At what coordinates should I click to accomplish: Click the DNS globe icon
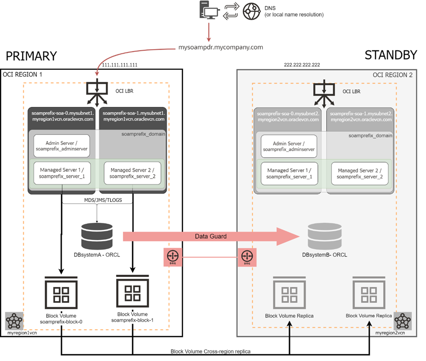coord(252,11)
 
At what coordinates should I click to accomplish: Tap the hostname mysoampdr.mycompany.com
coord(221,47)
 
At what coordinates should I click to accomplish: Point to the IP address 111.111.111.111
coord(118,64)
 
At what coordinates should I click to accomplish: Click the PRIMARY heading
coord(31,56)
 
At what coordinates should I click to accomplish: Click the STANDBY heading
coord(391,55)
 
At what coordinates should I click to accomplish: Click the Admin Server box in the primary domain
coord(61,146)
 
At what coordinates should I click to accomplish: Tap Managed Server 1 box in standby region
coord(289,173)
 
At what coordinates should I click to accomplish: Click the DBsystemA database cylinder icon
coord(97,233)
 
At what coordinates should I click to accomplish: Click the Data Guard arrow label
coord(211,235)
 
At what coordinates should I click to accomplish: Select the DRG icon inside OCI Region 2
coord(246,257)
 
